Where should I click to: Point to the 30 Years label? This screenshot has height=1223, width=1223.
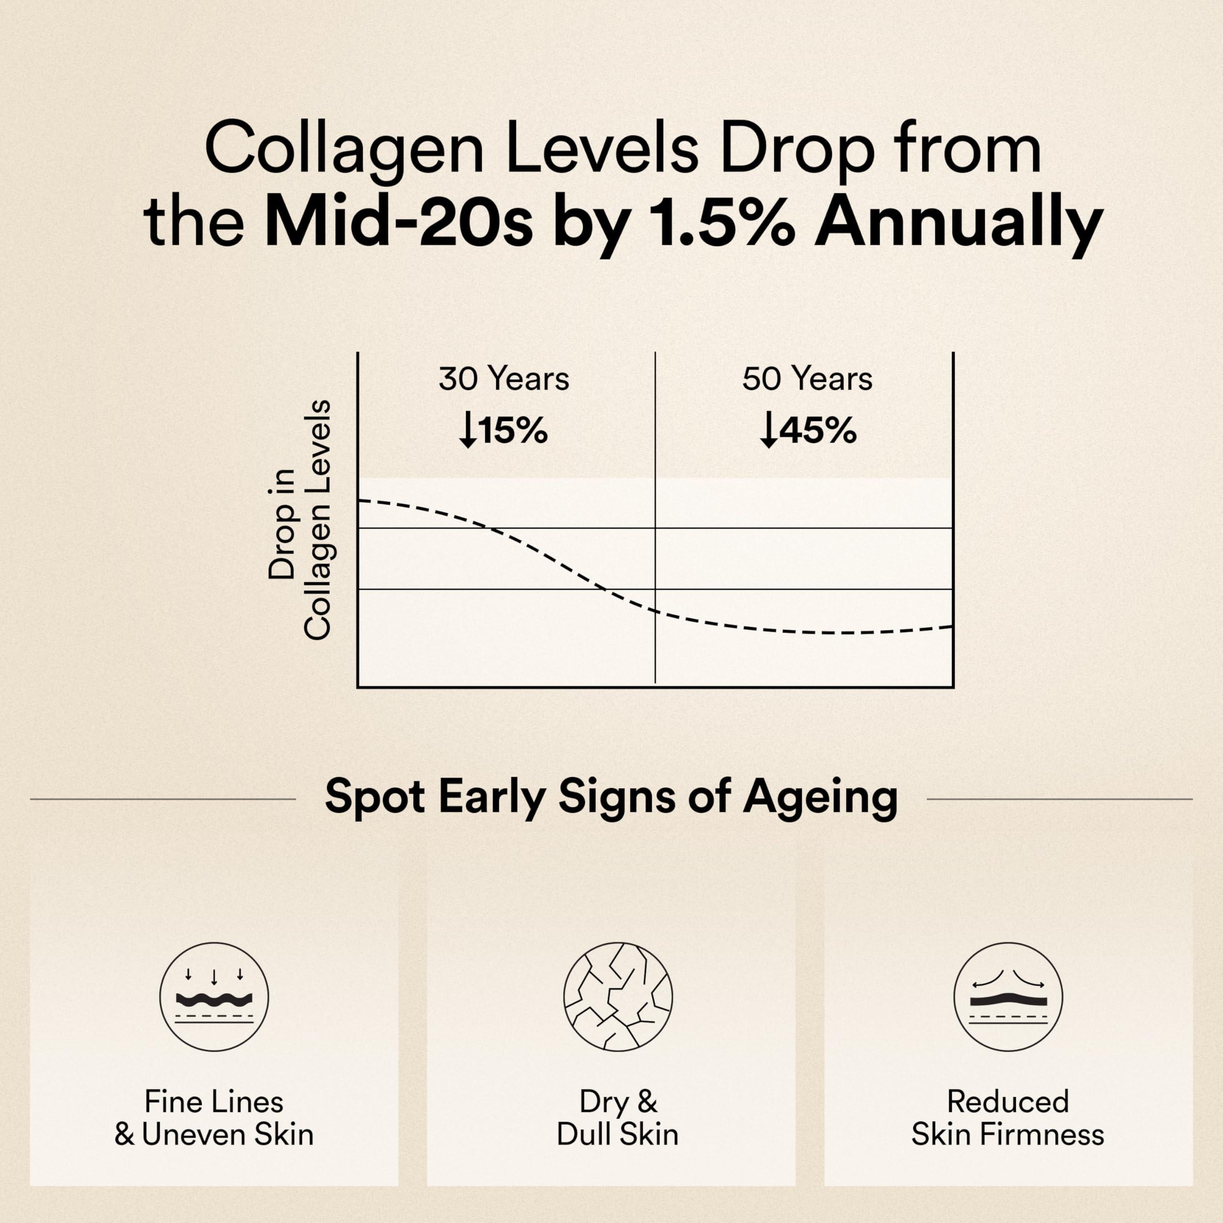coord(504,379)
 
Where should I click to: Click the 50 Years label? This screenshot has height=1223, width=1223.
coord(807,379)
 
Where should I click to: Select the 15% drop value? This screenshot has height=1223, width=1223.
coord(513,431)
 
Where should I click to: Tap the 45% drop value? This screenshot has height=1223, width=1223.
coord(817,431)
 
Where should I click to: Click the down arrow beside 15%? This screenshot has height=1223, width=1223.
coord(468,430)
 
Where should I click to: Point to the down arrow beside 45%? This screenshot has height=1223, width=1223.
coord(769,430)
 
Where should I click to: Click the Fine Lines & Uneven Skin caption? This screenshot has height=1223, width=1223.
coord(214,1118)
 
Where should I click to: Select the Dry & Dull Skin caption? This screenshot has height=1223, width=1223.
coord(618,1118)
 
